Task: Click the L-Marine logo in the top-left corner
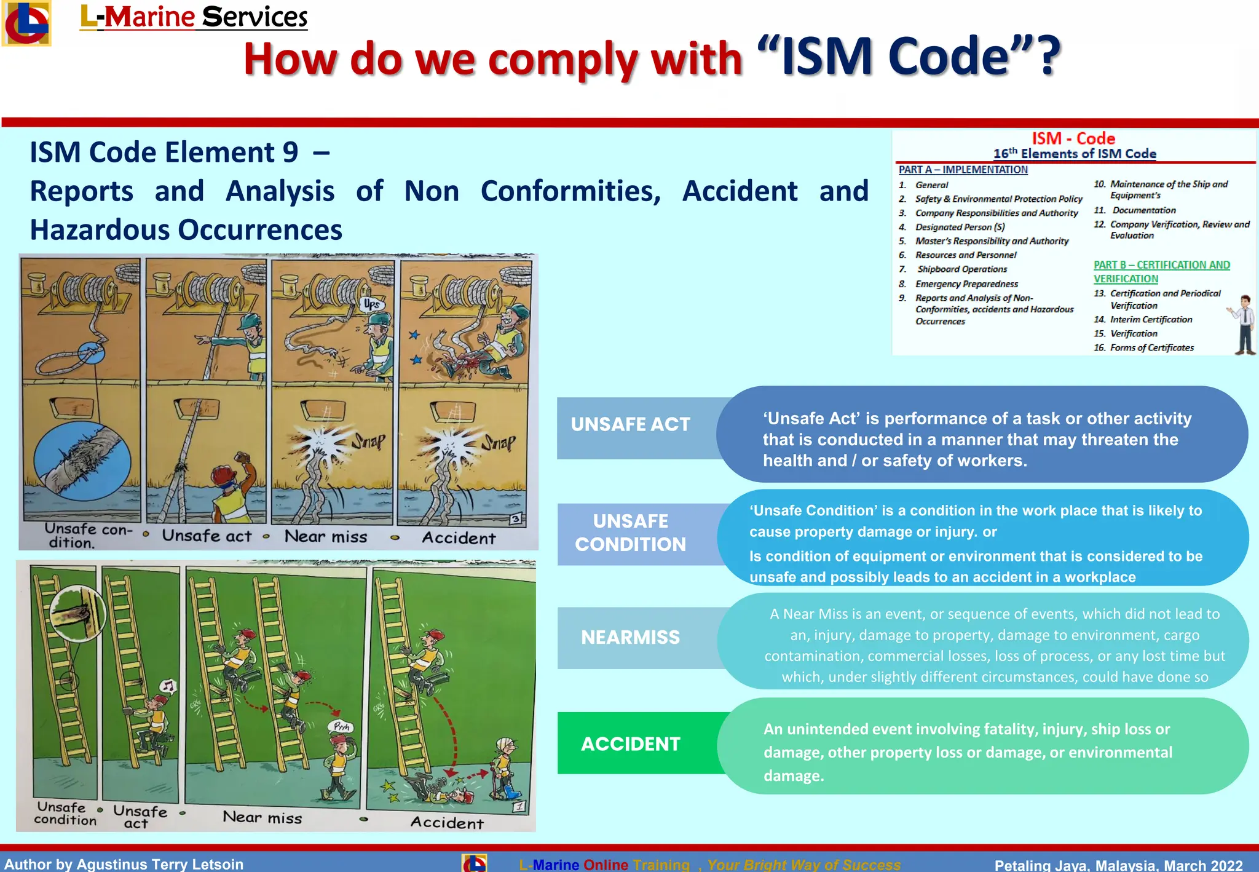pyautogui.click(x=26, y=23)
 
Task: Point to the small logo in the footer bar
pyautogui.click(x=474, y=863)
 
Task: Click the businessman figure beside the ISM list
pyautogui.click(x=1244, y=325)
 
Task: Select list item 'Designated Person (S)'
pyautogui.click(x=960, y=227)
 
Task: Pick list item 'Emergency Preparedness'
pyautogui.click(x=966, y=283)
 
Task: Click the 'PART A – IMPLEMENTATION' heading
pyautogui.click(x=963, y=170)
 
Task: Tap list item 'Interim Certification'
pyautogui.click(x=1151, y=319)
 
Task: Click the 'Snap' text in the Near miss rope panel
pyautogui.click(x=368, y=440)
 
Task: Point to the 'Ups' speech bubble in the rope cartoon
pyautogui.click(x=371, y=304)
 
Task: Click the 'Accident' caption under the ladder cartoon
pyautogui.click(x=447, y=823)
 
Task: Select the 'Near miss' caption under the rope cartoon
pyautogui.click(x=326, y=537)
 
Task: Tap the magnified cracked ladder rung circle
pyautogui.click(x=78, y=614)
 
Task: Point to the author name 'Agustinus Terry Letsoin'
pyautogui.click(x=160, y=864)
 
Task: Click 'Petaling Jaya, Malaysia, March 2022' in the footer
pyautogui.click(x=1118, y=865)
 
